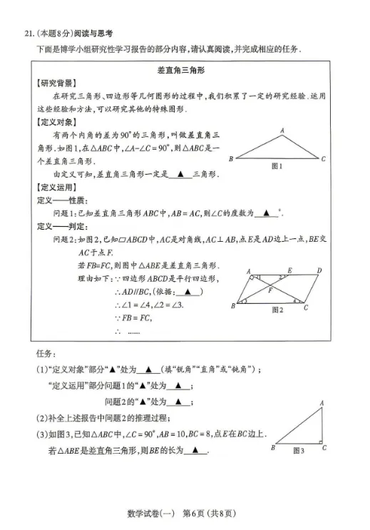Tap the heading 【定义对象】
point(58,122)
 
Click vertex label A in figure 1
point(282,131)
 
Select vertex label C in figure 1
point(323,159)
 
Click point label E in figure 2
point(289,270)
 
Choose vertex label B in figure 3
point(272,449)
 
